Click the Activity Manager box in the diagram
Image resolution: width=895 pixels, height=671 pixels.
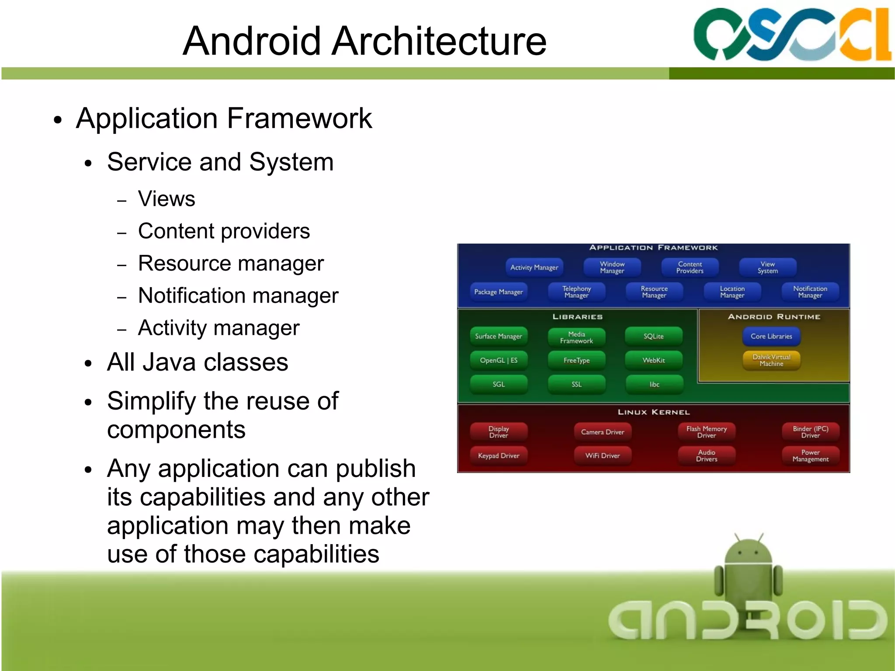click(534, 267)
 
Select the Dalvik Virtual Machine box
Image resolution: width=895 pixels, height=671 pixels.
click(771, 361)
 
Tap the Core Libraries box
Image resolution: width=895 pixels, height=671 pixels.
click(771, 336)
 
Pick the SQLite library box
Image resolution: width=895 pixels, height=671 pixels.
click(653, 336)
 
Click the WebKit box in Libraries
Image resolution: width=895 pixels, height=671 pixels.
click(653, 360)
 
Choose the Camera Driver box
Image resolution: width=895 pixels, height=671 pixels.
click(602, 432)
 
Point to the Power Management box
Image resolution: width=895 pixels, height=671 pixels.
click(810, 455)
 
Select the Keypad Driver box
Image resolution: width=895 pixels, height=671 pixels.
click(498, 455)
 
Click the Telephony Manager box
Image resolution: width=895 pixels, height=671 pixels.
click(576, 292)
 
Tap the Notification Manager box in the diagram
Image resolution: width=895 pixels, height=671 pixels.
click(810, 292)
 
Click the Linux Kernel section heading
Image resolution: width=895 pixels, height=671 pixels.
click(653, 412)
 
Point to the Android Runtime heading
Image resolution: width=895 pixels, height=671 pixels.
click(774, 316)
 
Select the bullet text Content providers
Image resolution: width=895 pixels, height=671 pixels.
click(224, 231)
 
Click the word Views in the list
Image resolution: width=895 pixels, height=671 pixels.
click(167, 198)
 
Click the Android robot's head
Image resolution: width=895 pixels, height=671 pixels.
click(748, 552)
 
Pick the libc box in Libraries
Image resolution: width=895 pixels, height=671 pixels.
click(654, 384)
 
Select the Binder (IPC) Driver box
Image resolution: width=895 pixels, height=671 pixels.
click(810, 432)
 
